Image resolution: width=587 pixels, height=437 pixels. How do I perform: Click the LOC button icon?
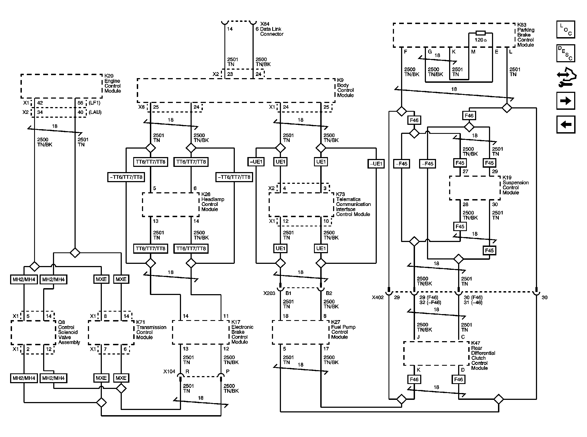pos(566,29)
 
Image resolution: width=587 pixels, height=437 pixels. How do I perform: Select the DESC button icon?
pos(566,53)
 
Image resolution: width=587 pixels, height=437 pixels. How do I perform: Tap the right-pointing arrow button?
pos(566,101)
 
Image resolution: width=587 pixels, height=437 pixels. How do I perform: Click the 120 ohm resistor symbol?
pos(481,33)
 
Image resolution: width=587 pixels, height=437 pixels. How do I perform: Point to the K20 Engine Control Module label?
pos(112,83)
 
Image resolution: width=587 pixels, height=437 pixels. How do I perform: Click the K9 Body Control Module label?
pos(345,88)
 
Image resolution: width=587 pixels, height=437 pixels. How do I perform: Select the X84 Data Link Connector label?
pos(271,29)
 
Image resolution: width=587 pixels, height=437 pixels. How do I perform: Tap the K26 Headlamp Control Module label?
pos(212,202)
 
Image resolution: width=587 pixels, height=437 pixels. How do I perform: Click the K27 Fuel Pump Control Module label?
pos(343,329)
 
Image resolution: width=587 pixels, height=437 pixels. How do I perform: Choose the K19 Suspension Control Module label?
pos(515,185)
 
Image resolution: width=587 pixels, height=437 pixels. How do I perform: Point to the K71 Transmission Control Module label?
pos(151,330)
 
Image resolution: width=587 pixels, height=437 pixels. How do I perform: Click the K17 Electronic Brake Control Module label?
pos(242,332)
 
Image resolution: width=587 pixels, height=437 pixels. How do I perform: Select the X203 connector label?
pos(269,293)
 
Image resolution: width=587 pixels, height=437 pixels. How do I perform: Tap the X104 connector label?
pos(169,371)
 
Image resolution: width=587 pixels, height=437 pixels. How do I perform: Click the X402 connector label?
pos(378,297)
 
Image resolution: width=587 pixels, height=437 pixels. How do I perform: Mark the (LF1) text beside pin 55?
pos(94,103)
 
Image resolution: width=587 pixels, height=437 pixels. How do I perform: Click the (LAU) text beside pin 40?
pos(95,112)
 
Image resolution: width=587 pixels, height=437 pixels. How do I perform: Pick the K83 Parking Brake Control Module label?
pos(526,35)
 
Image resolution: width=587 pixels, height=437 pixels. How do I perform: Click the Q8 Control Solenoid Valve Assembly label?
pos(69,332)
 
